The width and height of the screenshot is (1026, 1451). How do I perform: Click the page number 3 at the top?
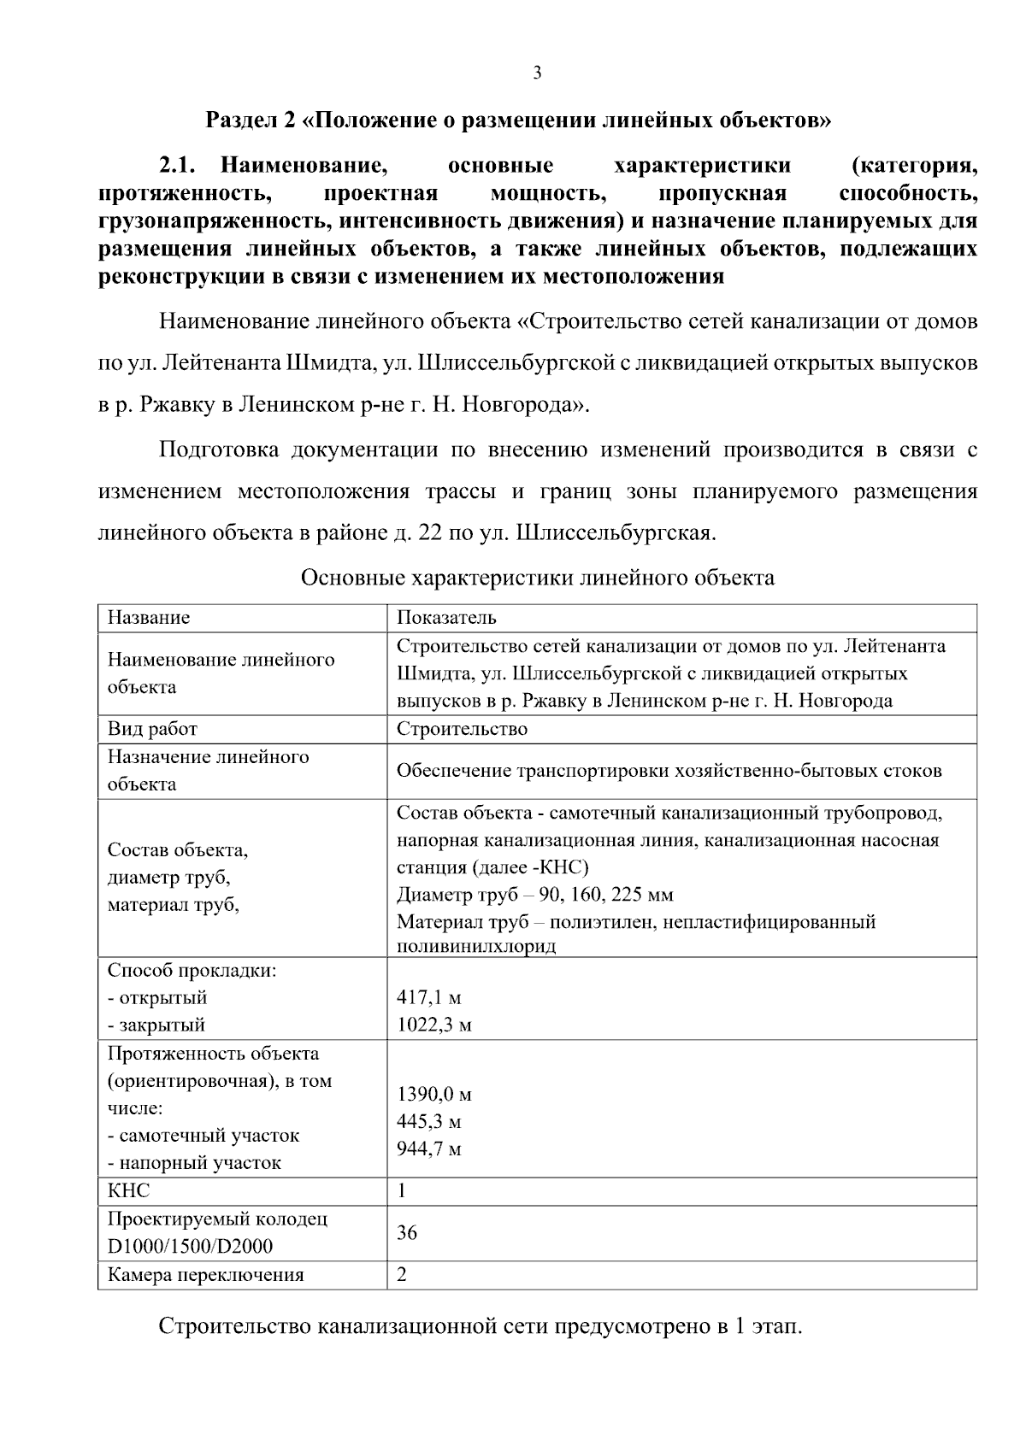click(x=537, y=73)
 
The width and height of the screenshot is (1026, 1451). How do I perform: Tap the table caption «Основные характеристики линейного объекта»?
click(x=537, y=578)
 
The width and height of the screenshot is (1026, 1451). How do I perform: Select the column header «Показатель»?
click(x=446, y=617)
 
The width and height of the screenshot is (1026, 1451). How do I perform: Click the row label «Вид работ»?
click(x=152, y=729)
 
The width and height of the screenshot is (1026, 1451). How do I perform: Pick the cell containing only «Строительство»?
click(x=462, y=729)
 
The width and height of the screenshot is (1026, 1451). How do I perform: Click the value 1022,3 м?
click(x=434, y=1025)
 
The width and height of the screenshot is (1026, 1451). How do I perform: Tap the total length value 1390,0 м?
click(x=434, y=1094)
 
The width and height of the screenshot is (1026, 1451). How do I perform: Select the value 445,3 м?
click(x=429, y=1121)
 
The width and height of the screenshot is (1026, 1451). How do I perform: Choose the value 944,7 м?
click(x=429, y=1149)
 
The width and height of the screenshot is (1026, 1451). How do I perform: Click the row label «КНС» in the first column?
click(x=128, y=1191)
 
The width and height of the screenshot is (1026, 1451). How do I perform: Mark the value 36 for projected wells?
click(x=407, y=1232)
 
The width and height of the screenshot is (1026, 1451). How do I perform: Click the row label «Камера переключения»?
click(x=205, y=1275)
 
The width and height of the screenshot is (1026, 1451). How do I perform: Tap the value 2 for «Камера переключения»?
click(x=402, y=1275)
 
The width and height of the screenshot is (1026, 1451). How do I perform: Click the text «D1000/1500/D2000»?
click(x=190, y=1247)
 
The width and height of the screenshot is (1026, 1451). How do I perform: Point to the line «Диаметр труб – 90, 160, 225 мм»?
click(x=535, y=895)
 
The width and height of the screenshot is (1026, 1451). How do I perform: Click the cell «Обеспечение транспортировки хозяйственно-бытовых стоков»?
click(x=669, y=771)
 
